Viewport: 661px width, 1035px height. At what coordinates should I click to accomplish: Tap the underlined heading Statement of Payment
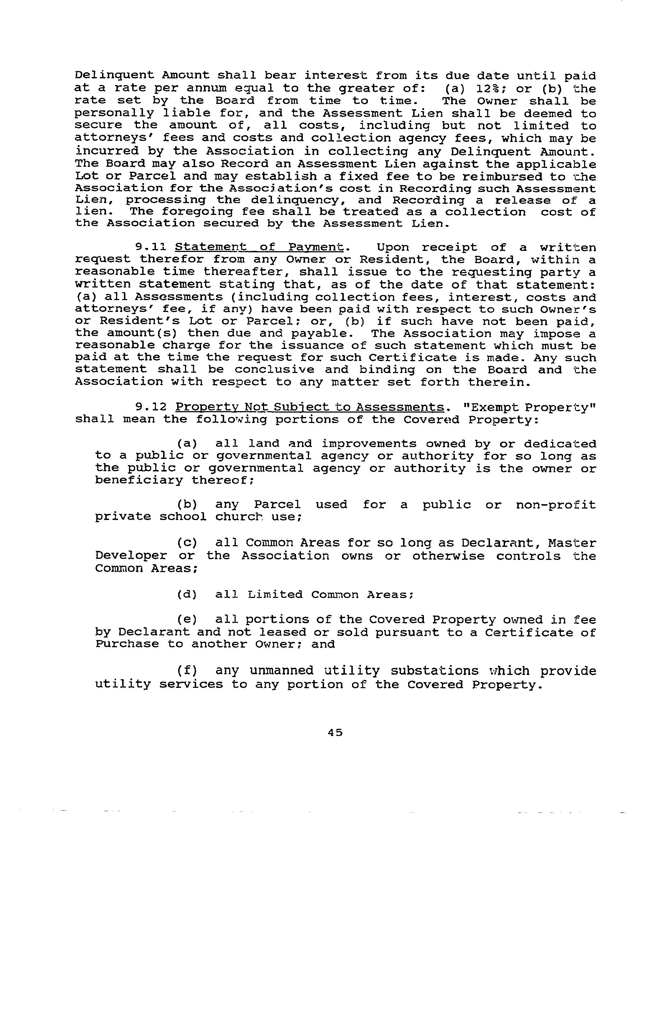point(260,247)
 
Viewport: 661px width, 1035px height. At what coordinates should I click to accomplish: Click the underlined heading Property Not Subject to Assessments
point(309,407)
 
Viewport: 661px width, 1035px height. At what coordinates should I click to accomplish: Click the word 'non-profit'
point(556,504)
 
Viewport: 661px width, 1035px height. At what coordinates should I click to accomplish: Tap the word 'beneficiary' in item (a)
point(139,480)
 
